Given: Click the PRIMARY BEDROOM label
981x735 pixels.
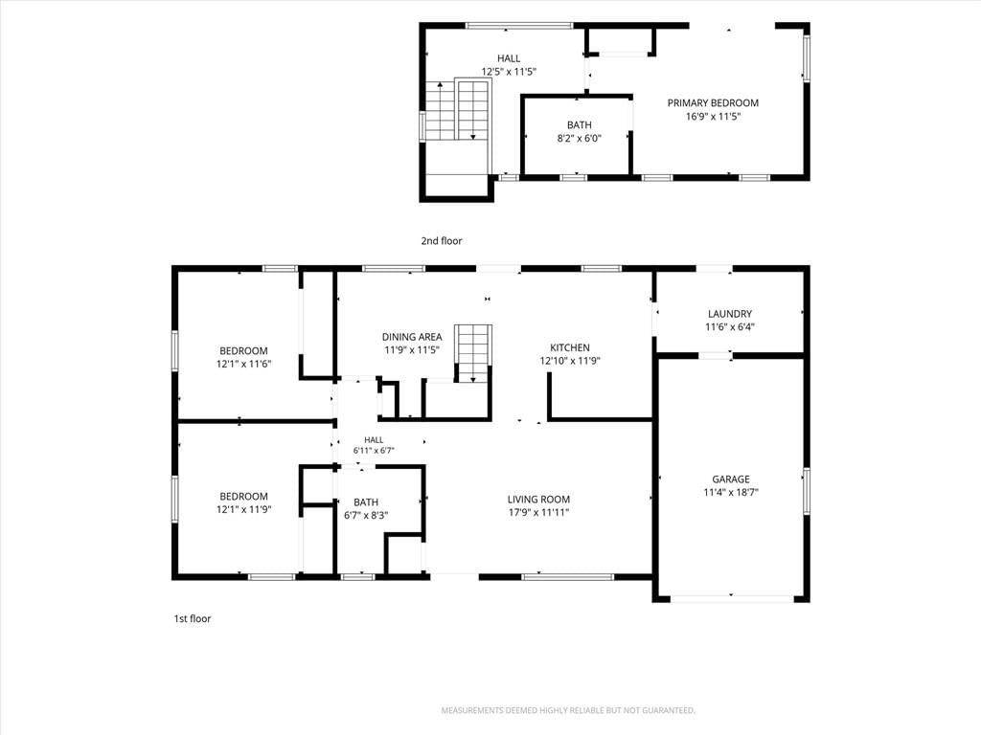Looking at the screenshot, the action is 713,103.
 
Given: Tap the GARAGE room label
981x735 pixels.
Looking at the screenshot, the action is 731,479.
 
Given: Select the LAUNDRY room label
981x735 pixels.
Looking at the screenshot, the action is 729,314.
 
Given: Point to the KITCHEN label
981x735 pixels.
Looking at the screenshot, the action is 569,347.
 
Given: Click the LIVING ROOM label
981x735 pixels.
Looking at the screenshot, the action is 538,500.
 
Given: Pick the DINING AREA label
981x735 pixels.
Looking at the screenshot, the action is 412,337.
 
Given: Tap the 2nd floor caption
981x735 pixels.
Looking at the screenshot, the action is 441,240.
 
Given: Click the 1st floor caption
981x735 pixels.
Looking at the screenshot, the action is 192,619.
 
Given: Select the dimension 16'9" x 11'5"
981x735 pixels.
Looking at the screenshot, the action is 713,116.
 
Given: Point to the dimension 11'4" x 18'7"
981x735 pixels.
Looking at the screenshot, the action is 731,493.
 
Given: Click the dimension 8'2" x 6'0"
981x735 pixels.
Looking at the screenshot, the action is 580,138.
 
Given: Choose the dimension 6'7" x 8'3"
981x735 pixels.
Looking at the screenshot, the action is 366,516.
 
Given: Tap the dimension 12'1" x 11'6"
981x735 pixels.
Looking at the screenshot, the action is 243,364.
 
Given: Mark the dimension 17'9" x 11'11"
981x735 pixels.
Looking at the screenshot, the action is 538,513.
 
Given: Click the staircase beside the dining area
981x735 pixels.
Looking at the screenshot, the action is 473,354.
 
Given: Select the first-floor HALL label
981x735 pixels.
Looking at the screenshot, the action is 374,440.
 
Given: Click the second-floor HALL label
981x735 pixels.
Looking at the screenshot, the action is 509,58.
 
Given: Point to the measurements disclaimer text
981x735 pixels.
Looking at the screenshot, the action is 568,711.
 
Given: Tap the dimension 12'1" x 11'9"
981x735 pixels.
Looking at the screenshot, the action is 243,509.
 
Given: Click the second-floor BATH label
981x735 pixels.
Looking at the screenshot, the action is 580,125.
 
